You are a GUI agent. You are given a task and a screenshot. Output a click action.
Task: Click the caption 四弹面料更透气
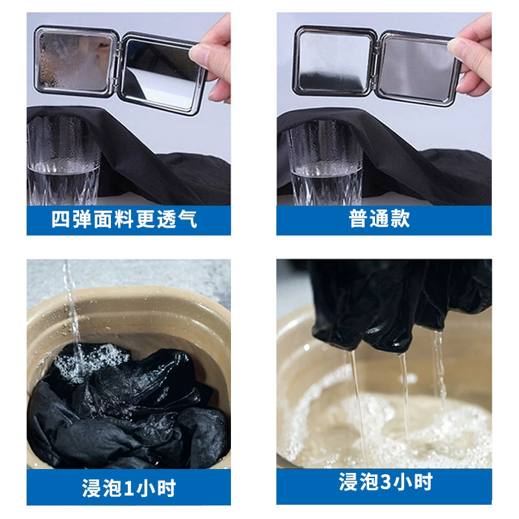click(x=125, y=219)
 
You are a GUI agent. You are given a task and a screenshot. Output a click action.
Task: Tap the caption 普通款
click(x=380, y=219)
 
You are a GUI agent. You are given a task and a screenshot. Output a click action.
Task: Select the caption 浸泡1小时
click(x=128, y=488)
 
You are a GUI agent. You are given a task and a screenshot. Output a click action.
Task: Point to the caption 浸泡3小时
click(x=385, y=481)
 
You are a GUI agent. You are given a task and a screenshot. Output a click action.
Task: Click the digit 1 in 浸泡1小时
click(x=129, y=489)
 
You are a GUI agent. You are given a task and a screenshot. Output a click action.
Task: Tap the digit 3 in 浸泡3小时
click(x=386, y=482)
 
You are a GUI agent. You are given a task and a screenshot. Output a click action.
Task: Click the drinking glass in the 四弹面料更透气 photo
click(x=63, y=160)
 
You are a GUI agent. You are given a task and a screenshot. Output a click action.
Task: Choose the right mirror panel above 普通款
click(x=418, y=69)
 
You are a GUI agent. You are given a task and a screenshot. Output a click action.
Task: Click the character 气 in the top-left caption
click(x=187, y=219)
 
